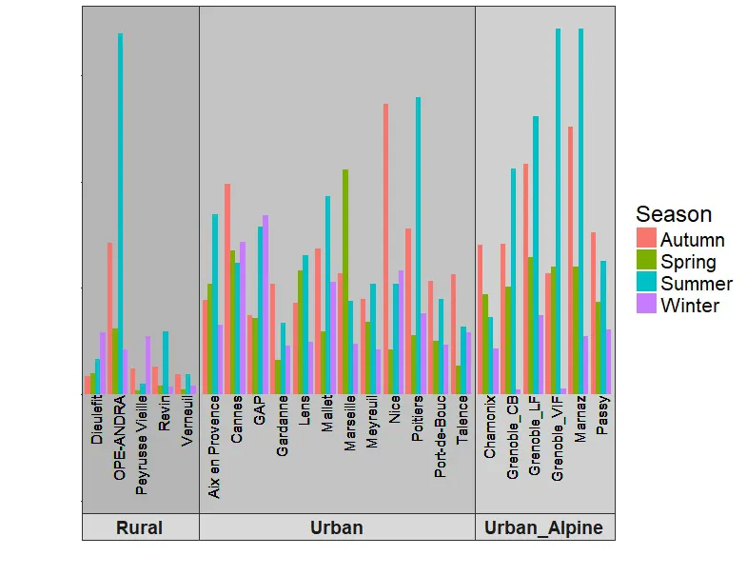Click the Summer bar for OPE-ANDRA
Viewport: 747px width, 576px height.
point(120,213)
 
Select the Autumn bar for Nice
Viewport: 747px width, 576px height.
point(385,248)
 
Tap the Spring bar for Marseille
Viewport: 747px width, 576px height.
point(345,281)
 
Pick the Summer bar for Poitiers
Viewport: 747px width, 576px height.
point(418,245)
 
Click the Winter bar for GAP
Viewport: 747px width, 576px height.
point(265,304)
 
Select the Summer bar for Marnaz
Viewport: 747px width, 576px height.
point(580,210)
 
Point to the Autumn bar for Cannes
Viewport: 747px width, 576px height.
point(227,288)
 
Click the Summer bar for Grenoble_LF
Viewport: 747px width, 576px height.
point(536,254)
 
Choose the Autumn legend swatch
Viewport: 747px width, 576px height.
point(647,239)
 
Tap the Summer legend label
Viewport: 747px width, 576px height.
point(697,284)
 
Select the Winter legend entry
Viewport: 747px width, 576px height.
point(690,306)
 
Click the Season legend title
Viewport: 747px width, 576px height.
point(674,214)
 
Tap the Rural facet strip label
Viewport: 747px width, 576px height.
point(139,527)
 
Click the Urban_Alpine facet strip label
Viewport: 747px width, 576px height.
point(543,527)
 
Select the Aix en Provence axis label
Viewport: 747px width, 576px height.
point(215,448)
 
